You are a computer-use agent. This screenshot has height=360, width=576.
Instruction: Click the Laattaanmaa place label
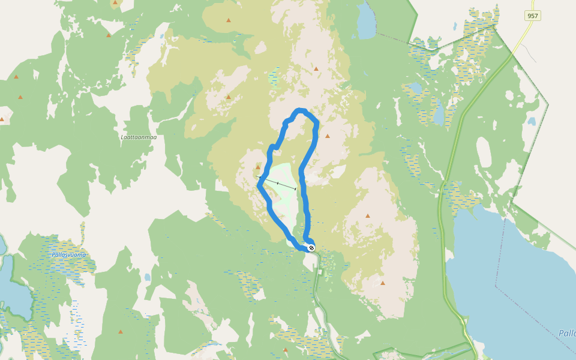(x=139, y=137)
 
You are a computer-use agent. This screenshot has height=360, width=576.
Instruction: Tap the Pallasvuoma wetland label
(x=68, y=254)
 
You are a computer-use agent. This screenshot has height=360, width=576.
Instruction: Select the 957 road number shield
(x=532, y=16)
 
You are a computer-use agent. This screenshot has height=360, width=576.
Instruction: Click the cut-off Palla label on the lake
(x=566, y=333)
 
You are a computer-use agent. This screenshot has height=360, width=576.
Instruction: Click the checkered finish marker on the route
(x=311, y=247)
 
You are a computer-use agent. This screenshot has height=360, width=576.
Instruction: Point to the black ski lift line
(x=277, y=183)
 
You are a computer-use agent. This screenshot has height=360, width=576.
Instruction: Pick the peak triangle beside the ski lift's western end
(x=258, y=167)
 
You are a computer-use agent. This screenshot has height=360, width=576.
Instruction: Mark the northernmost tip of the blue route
(x=300, y=110)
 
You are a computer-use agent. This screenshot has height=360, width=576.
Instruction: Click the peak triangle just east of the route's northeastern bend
(x=328, y=136)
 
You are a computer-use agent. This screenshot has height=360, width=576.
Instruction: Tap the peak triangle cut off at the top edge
(x=115, y=2)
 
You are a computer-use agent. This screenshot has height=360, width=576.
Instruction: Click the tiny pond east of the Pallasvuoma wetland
(x=147, y=278)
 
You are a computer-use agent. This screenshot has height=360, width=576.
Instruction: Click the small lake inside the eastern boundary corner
(x=531, y=121)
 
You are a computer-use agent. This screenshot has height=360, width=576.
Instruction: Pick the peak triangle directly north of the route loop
(x=316, y=69)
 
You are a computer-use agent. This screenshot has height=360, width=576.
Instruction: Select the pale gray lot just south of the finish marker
(x=321, y=272)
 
